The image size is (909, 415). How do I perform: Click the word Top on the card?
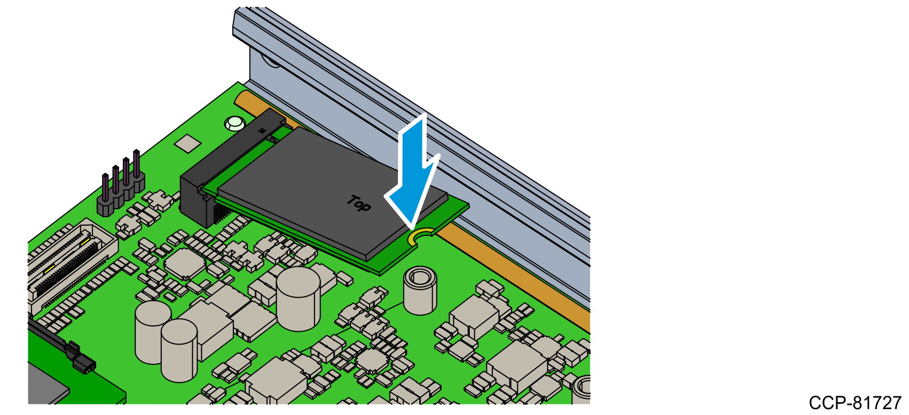pyautogui.click(x=359, y=203)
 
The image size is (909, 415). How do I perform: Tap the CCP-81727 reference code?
pyautogui.click(x=855, y=403)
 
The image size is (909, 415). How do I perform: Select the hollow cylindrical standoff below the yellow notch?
pyautogui.click(x=420, y=290)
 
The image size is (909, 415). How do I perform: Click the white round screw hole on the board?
pyautogui.click(x=235, y=123)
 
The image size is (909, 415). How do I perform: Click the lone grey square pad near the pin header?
pyautogui.click(x=187, y=143)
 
